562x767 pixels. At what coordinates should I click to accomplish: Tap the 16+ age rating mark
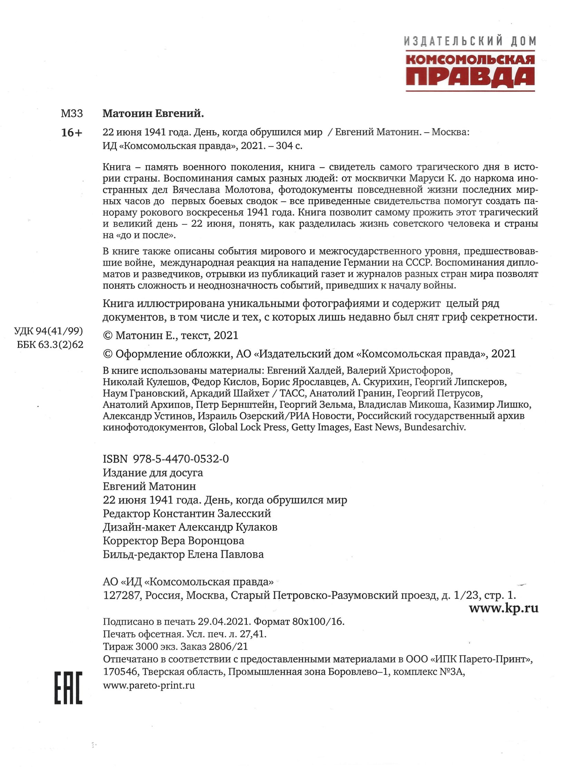tap(72, 133)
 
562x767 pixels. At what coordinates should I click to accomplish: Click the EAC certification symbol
tap(68, 688)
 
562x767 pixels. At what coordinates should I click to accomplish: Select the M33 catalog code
tap(72, 114)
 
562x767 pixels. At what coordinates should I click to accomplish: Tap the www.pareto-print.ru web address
tap(149, 685)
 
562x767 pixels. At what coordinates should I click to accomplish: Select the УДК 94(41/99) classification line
tap(48, 331)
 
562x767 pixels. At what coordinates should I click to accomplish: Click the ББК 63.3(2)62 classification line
tap(50, 344)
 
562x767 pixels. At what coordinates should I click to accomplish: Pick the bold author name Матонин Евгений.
tap(153, 114)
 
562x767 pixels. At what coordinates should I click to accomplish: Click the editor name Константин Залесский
tap(212, 513)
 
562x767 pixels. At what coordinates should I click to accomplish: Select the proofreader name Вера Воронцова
tap(203, 541)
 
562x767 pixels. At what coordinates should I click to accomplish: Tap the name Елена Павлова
tap(225, 554)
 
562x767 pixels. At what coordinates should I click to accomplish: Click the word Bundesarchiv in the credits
tap(435, 427)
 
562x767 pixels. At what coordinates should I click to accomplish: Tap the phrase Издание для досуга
tap(153, 473)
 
